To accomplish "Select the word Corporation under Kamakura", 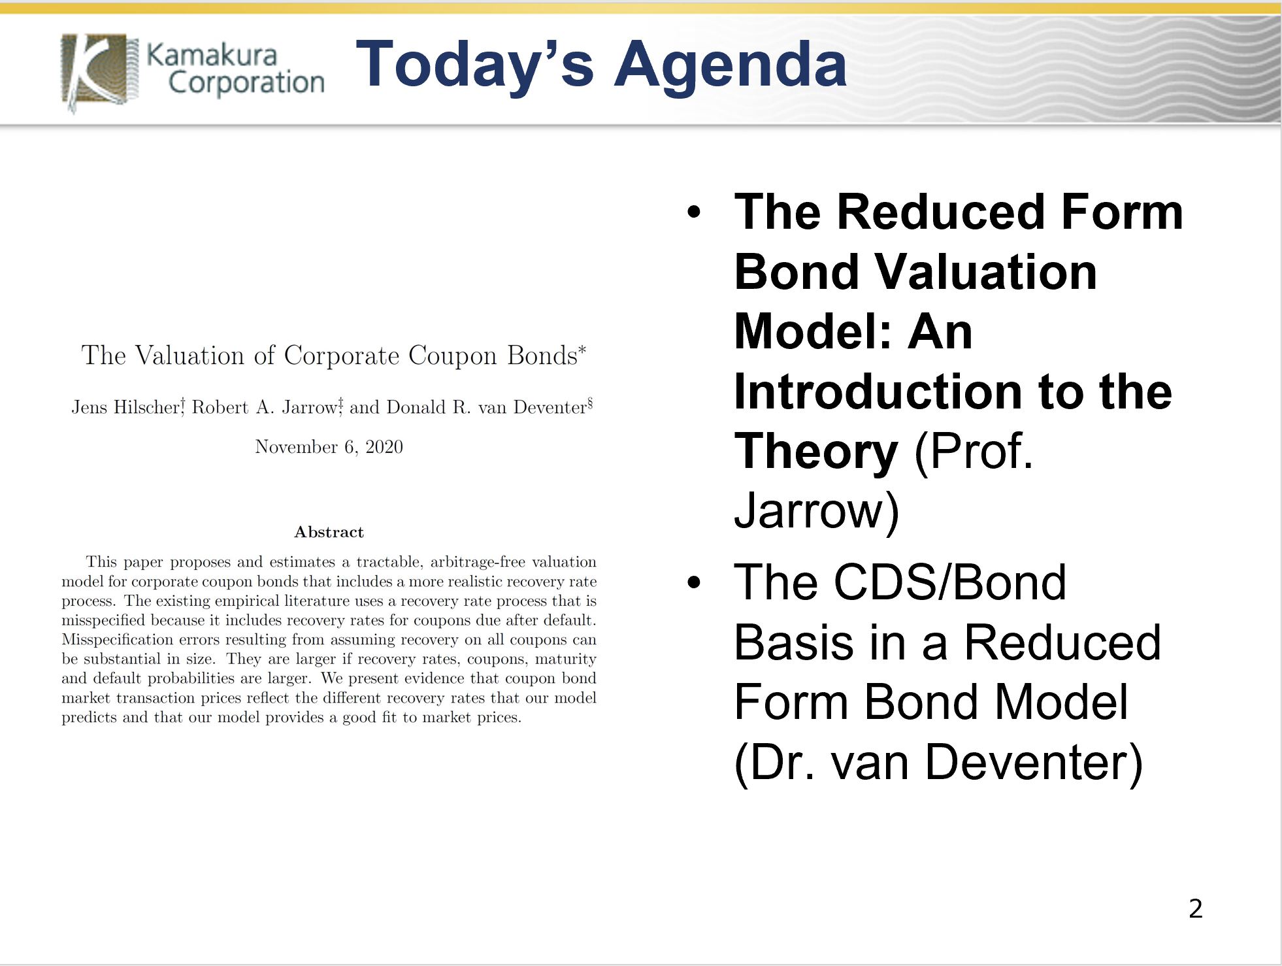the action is (x=246, y=83).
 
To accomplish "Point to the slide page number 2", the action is (x=1196, y=908).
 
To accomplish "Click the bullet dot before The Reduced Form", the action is (x=694, y=212).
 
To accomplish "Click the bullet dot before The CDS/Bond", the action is (x=694, y=582).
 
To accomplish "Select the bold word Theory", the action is (x=816, y=452).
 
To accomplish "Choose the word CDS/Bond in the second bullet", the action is (x=950, y=582).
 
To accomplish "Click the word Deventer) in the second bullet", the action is (x=1034, y=762).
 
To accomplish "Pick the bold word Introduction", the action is (x=878, y=392).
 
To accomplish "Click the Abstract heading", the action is (x=329, y=532).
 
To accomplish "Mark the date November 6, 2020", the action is (x=329, y=447).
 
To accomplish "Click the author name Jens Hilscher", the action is (x=125, y=407).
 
